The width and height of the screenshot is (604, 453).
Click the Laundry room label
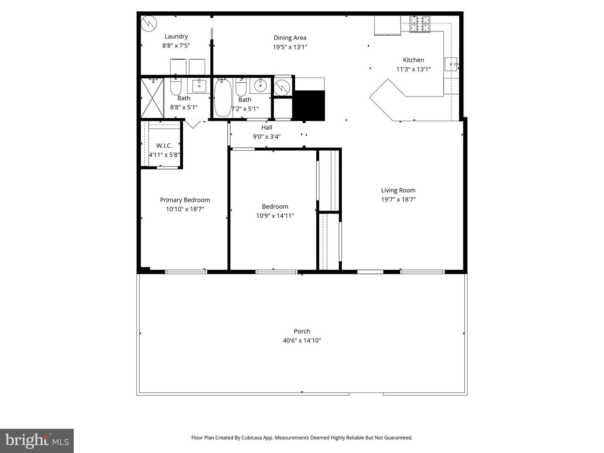(x=176, y=36)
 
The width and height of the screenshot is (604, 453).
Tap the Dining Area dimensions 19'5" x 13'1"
(x=290, y=47)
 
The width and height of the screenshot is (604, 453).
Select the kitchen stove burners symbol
(x=420, y=24)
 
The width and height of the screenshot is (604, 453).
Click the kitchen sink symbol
(x=451, y=64)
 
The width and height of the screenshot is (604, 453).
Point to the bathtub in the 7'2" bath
(x=222, y=98)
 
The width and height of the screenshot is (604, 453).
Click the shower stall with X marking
(x=152, y=98)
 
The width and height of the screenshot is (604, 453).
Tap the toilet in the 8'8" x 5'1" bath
(x=175, y=87)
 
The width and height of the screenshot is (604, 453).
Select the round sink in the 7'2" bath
(x=260, y=86)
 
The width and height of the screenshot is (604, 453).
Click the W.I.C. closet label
(x=164, y=146)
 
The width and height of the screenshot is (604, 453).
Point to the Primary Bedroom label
(x=185, y=200)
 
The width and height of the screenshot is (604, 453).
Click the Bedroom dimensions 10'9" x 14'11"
(x=275, y=216)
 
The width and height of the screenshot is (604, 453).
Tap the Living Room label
(x=398, y=190)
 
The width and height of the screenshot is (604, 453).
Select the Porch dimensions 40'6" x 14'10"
(x=302, y=341)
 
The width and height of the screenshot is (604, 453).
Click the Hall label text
(x=267, y=128)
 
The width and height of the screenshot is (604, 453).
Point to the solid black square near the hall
(x=309, y=105)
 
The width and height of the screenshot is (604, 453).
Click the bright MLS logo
(x=37, y=440)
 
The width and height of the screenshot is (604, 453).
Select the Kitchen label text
(x=413, y=60)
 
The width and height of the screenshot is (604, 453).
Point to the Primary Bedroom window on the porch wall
(x=186, y=272)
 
